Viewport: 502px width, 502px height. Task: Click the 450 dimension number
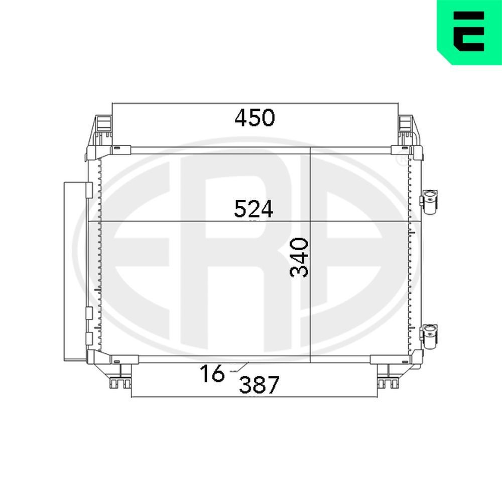(255, 117)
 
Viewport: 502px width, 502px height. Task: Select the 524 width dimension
(254, 209)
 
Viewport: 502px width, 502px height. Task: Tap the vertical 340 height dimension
(300, 258)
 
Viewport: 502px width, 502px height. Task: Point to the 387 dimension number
(259, 386)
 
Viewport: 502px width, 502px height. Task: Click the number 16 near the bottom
(211, 374)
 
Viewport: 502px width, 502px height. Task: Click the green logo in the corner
(469, 32)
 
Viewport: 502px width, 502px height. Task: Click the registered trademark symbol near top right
(402, 160)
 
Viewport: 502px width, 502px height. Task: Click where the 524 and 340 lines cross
(311, 222)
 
